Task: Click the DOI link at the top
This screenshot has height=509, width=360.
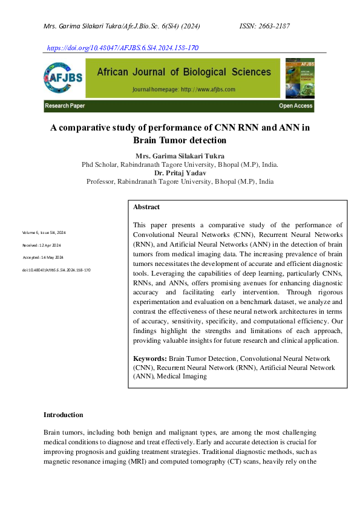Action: pyautogui.click(x=122, y=48)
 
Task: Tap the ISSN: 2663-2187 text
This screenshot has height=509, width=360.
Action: pyautogui.click(x=265, y=27)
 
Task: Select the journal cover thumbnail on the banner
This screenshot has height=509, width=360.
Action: pyautogui.click(x=299, y=78)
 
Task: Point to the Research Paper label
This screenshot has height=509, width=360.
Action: pyautogui.click(x=65, y=106)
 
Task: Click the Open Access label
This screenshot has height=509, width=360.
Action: pyautogui.click(x=295, y=106)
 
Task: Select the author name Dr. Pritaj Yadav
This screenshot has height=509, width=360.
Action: pyautogui.click(x=180, y=173)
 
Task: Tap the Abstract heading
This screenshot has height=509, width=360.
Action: pyautogui.click(x=146, y=207)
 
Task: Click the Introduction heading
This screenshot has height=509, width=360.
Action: pyautogui.click(x=63, y=415)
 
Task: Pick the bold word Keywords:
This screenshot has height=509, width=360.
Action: pyautogui.click(x=150, y=358)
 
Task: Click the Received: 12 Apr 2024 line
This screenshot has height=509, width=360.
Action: pyautogui.click(x=42, y=245)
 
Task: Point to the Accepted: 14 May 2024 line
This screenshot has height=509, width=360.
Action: pyautogui.click(x=42, y=258)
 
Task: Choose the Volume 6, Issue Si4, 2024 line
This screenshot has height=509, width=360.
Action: pyautogui.click(x=44, y=233)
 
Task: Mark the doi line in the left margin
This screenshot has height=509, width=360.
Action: pyautogui.click(x=56, y=270)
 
